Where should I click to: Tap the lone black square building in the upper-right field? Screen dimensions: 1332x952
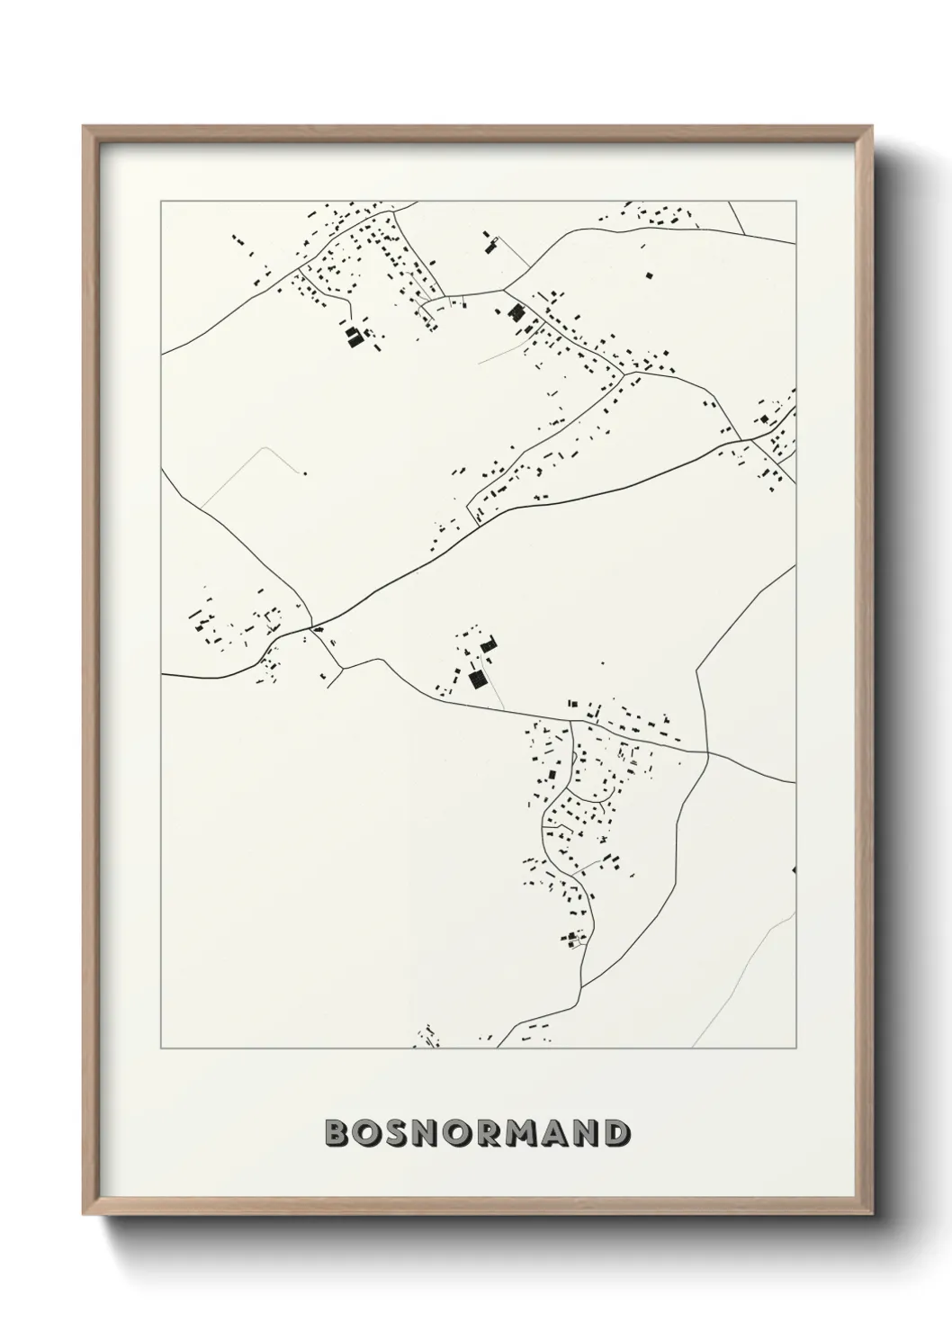pos(647,273)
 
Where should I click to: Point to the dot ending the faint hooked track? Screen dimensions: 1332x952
pos(305,472)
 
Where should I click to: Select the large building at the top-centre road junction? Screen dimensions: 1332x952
pos(516,312)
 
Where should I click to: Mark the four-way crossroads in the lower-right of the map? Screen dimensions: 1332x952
pos(707,752)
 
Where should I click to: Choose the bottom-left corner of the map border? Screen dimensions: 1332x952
pos(161,1048)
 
